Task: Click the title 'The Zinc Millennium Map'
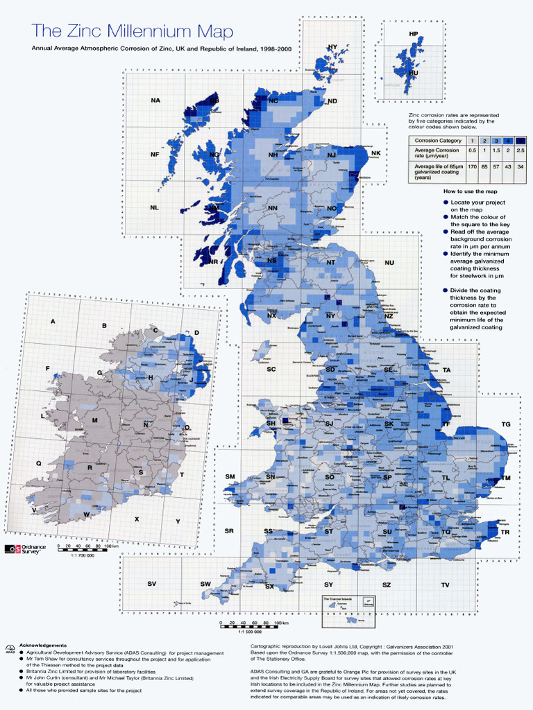click(x=133, y=31)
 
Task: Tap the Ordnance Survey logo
click(x=26, y=549)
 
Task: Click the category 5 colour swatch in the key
click(x=521, y=140)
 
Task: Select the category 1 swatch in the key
click(x=472, y=140)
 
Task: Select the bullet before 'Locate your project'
click(x=446, y=202)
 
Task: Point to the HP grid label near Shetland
click(x=414, y=33)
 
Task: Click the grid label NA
click(x=155, y=101)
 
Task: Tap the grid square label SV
click(x=151, y=584)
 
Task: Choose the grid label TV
click(x=445, y=585)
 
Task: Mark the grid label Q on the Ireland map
click(x=39, y=463)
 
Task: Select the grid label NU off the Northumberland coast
click(x=389, y=263)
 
